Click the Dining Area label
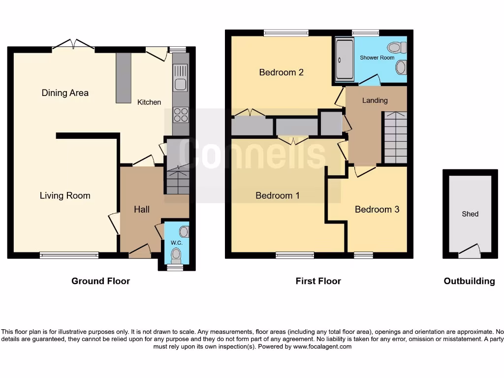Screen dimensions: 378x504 pyautogui.click(x=65, y=93)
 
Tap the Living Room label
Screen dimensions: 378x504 pyautogui.click(x=65, y=195)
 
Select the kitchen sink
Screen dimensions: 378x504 pyautogui.click(x=181, y=84)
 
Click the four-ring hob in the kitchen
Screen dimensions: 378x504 pyautogui.click(x=181, y=115)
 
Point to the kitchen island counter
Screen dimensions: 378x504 pyautogui.click(x=124, y=78)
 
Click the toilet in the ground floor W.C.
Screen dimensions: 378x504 pyautogui.click(x=176, y=254)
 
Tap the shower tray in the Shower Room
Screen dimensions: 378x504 pyautogui.click(x=344, y=60)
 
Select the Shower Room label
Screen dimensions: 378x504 pyautogui.click(x=377, y=58)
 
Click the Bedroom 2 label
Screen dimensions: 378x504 pyautogui.click(x=281, y=72)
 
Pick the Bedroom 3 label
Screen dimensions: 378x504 pyautogui.click(x=377, y=209)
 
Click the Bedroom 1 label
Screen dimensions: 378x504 pyautogui.click(x=278, y=195)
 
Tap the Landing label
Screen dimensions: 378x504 pyautogui.click(x=375, y=100)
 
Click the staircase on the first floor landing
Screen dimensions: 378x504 pyautogui.click(x=395, y=137)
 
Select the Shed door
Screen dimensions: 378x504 pyautogui.click(x=469, y=252)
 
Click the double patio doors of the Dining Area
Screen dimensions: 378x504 pyautogui.click(x=73, y=45)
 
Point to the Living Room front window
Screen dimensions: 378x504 pyautogui.click(x=69, y=255)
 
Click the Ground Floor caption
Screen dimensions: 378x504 pyautogui.click(x=100, y=281)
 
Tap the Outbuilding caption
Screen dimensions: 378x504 pyautogui.click(x=469, y=281)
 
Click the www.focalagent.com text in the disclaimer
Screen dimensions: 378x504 pyautogui.click(x=322, y=346)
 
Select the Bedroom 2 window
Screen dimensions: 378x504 pyautogui.click(x=286, y=33)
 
